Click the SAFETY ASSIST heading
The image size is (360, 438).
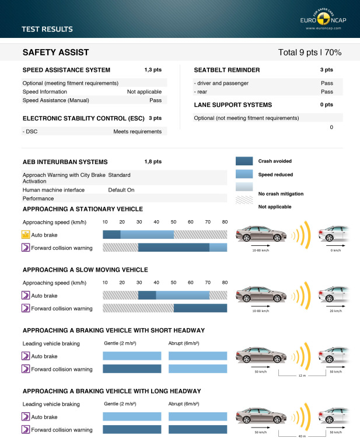[x=55, y=53]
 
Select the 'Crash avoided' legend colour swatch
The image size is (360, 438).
[x=244, y=161]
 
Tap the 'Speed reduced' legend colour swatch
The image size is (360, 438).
[x=244, y=174]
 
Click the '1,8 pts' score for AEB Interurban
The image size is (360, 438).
[x=153, y=161]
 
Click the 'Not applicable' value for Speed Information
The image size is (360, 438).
[x=144, y=92]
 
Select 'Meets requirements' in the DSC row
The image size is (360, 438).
[x=137, y=131]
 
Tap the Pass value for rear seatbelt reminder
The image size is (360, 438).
[x=327, y=92]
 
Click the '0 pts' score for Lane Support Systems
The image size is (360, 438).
[x=326, y=105]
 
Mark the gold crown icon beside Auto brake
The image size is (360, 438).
[x=26, y=235]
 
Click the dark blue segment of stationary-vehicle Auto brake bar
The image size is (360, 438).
[x=111, y=235]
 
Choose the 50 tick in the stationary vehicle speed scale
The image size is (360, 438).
[x=173, y=223]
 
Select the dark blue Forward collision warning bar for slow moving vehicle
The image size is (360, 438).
[x=200, y=308]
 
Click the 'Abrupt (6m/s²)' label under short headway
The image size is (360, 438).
[x=187, y=343]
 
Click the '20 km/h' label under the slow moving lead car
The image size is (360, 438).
[x=335, y=311]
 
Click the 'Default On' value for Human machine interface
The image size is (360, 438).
[x=121, y=190]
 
